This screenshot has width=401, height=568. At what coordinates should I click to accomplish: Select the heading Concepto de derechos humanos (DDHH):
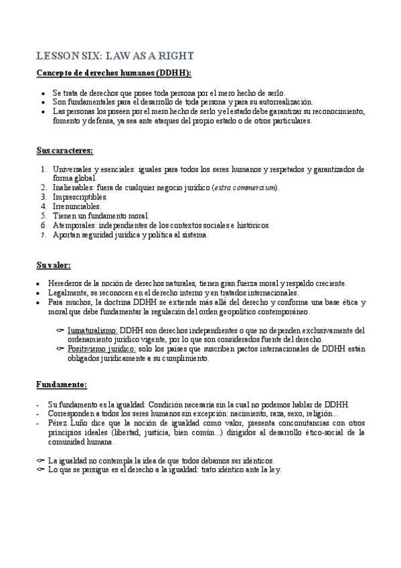[114, 72]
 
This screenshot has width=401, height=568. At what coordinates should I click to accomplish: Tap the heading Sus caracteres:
[64, 150]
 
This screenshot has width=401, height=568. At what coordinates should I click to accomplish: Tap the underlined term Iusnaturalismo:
[93, 330]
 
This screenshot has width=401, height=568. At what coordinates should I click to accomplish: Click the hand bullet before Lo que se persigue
[39, 470]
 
